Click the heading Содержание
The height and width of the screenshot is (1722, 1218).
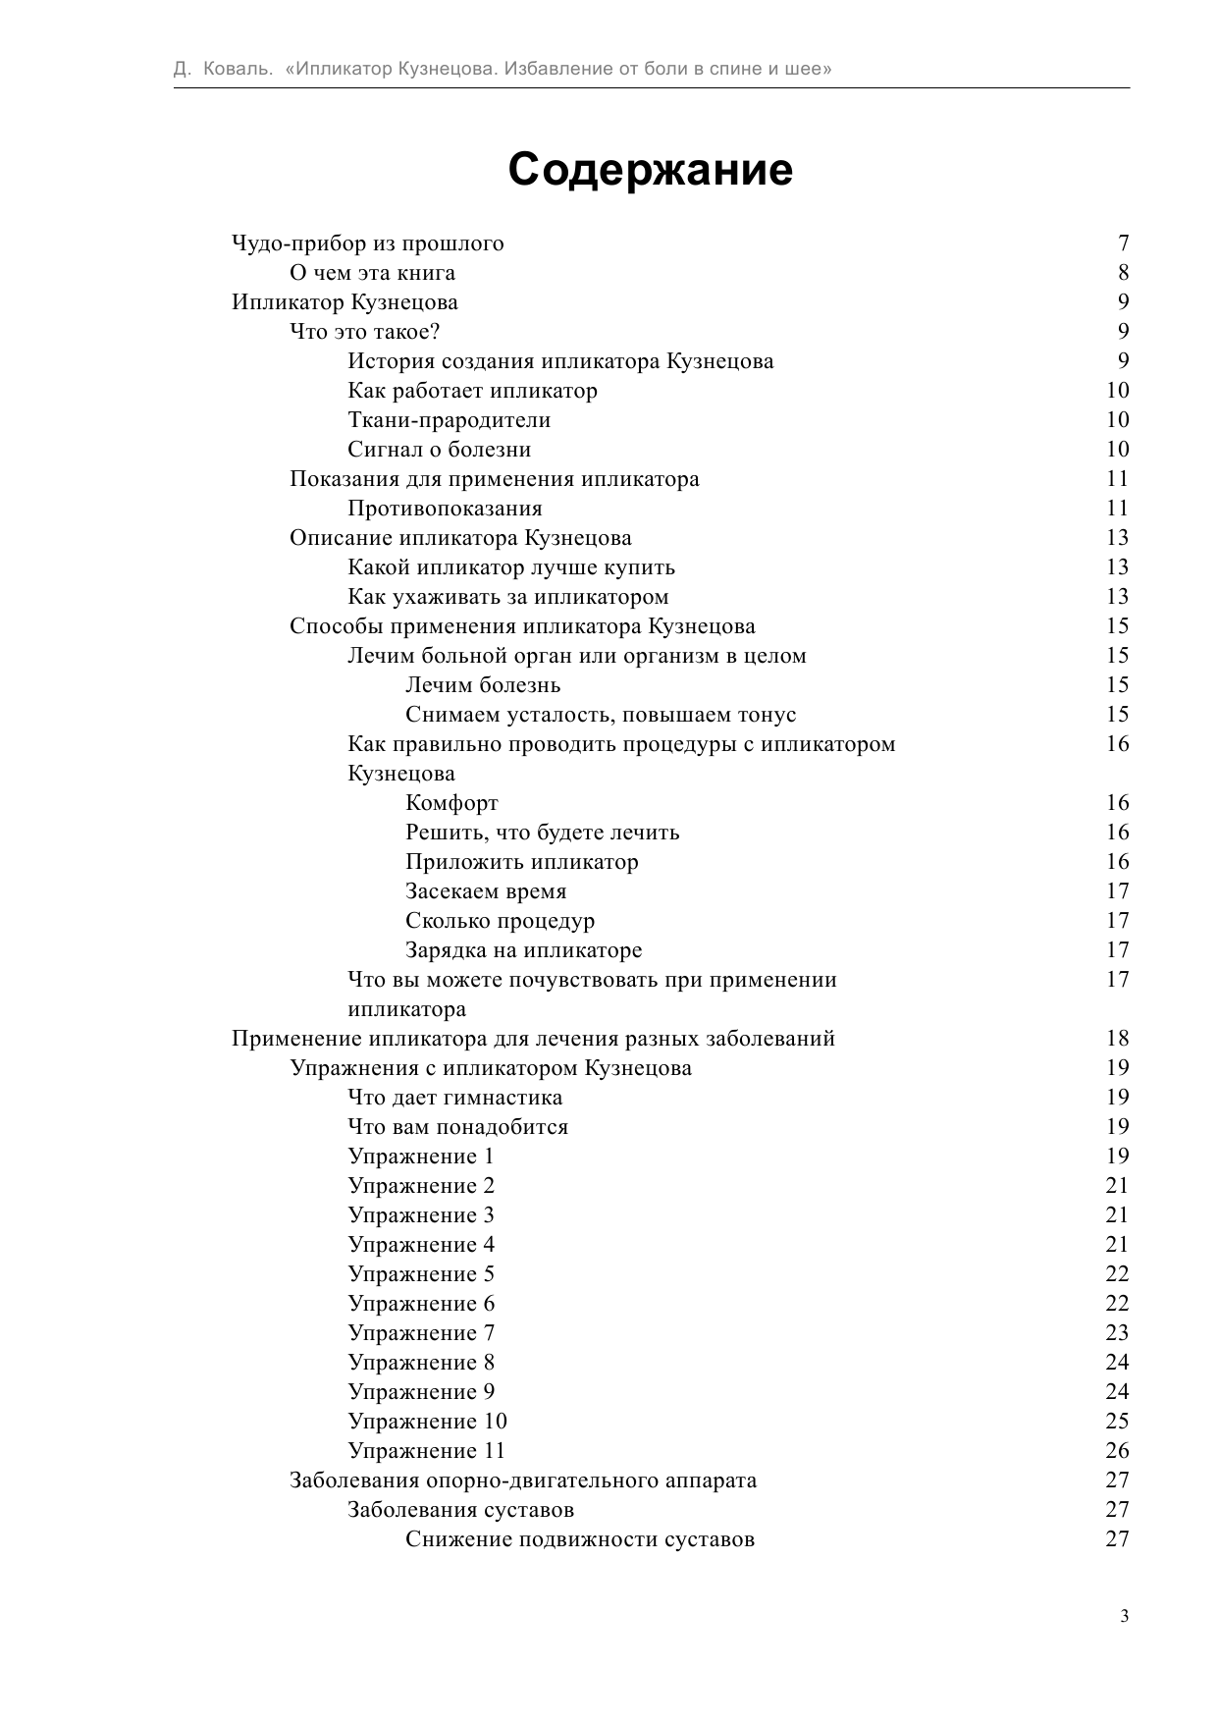tap(650, 170)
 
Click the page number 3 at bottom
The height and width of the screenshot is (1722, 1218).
tap(1124, 1617)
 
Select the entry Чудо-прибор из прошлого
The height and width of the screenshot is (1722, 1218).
tap(367, 243)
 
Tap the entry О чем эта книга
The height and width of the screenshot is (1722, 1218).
tap(372, 273)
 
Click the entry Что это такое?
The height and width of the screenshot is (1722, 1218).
tap(364, 332)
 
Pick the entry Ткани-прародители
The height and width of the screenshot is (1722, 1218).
tap(449, 420)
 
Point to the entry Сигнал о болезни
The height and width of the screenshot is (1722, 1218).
tap(439, 450)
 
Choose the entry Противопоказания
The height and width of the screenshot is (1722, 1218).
tap(445, 509)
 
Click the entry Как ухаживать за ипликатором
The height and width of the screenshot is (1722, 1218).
tap(507, 597)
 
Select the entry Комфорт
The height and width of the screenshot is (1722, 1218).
tap(451, 803)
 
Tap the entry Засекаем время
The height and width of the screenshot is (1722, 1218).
tap(486, 891)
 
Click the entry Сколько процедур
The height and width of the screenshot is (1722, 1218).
tap(500, 921)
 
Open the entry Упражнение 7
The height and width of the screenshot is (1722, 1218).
tap(421, 1333)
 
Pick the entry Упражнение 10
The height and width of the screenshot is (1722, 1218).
tap(427, 1422)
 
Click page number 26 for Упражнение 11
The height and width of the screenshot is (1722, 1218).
tap(1117, 1451)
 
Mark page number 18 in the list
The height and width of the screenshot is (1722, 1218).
tap(1117, 1039)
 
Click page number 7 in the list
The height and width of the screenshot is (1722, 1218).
tap(1123, 243)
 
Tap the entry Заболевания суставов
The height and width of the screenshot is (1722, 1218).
tap(460, 1510)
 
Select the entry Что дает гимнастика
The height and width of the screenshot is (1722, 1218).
tap(454, 1098)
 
